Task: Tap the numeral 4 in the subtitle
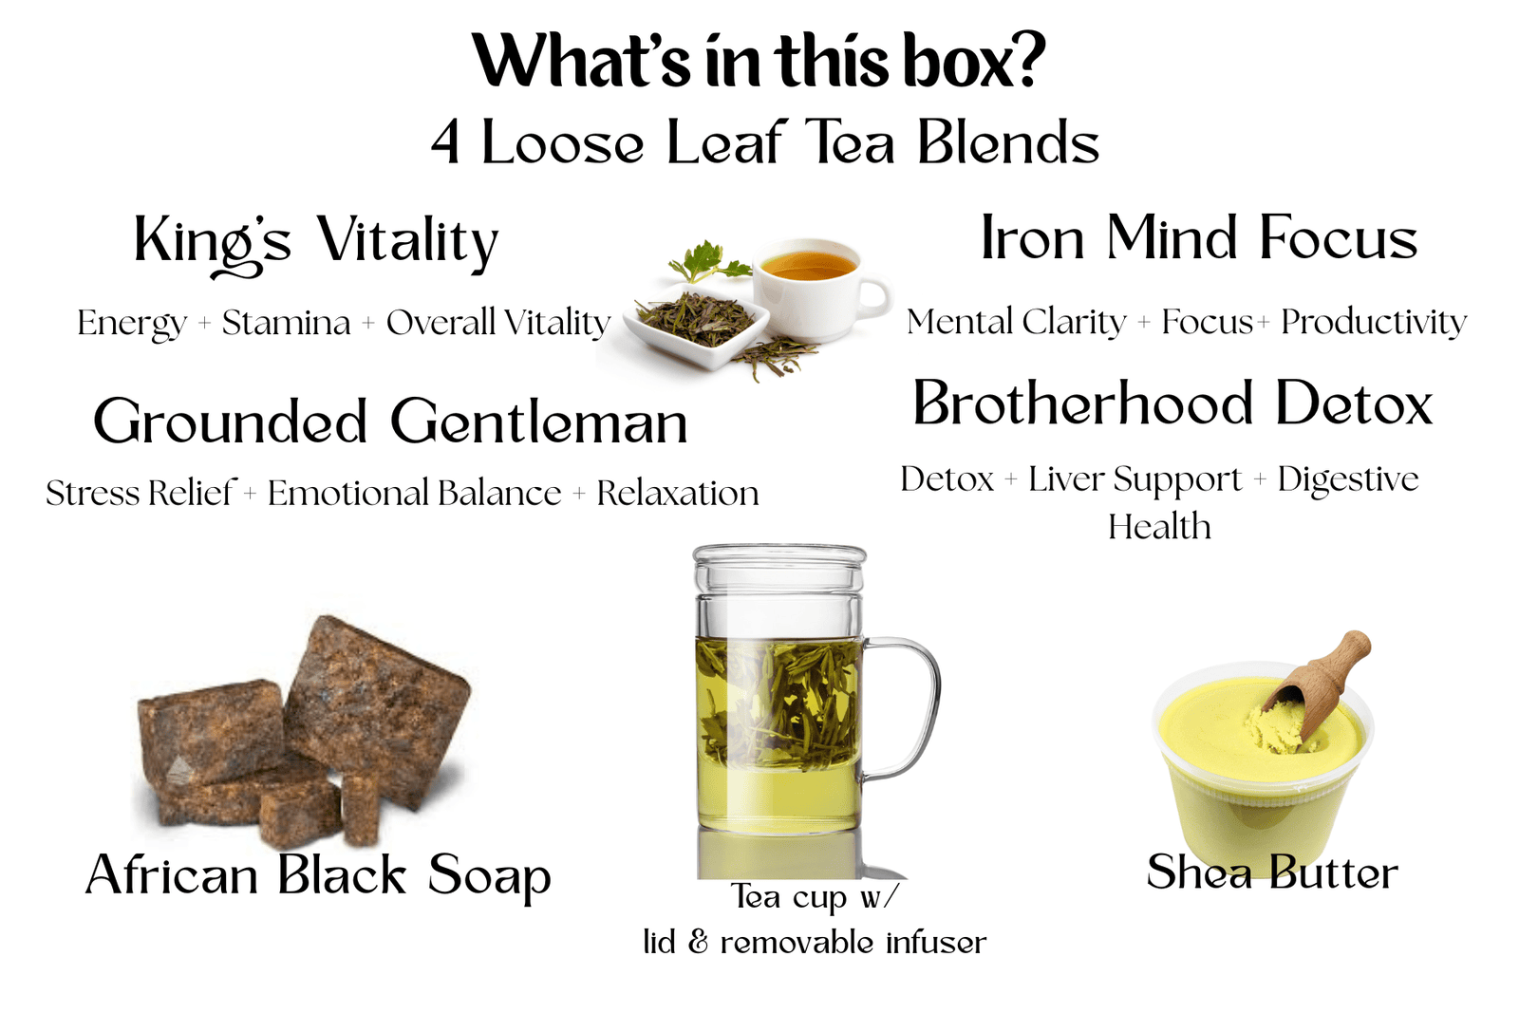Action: [x=445, y=143]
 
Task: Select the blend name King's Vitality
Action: [x=316, y=244]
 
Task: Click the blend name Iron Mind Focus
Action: [x=1199, y=237]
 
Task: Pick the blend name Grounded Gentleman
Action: [x=390, y=421]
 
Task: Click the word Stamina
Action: [x=286, y=323]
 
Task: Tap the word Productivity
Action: [x=1373, y=323]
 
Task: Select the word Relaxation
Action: [x=678, y=493]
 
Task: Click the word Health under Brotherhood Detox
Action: [x=1159, y=527]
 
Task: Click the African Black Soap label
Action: [x=318, y=876]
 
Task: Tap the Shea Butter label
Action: [x=1272, y=872]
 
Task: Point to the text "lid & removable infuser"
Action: [x=815, y=943]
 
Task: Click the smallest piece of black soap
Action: [x=360, y=810]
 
